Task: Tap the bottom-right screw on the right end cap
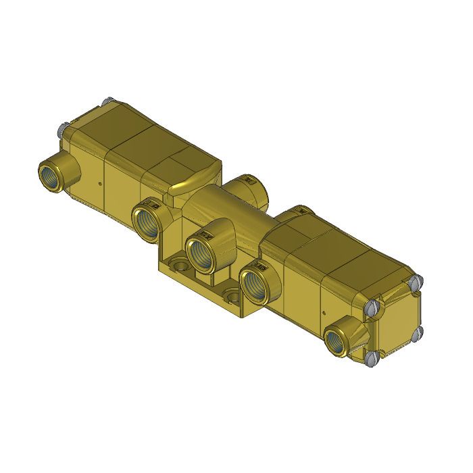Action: point(417,331)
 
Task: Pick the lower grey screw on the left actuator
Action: point(62,128)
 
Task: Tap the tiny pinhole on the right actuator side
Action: point(324,313)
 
